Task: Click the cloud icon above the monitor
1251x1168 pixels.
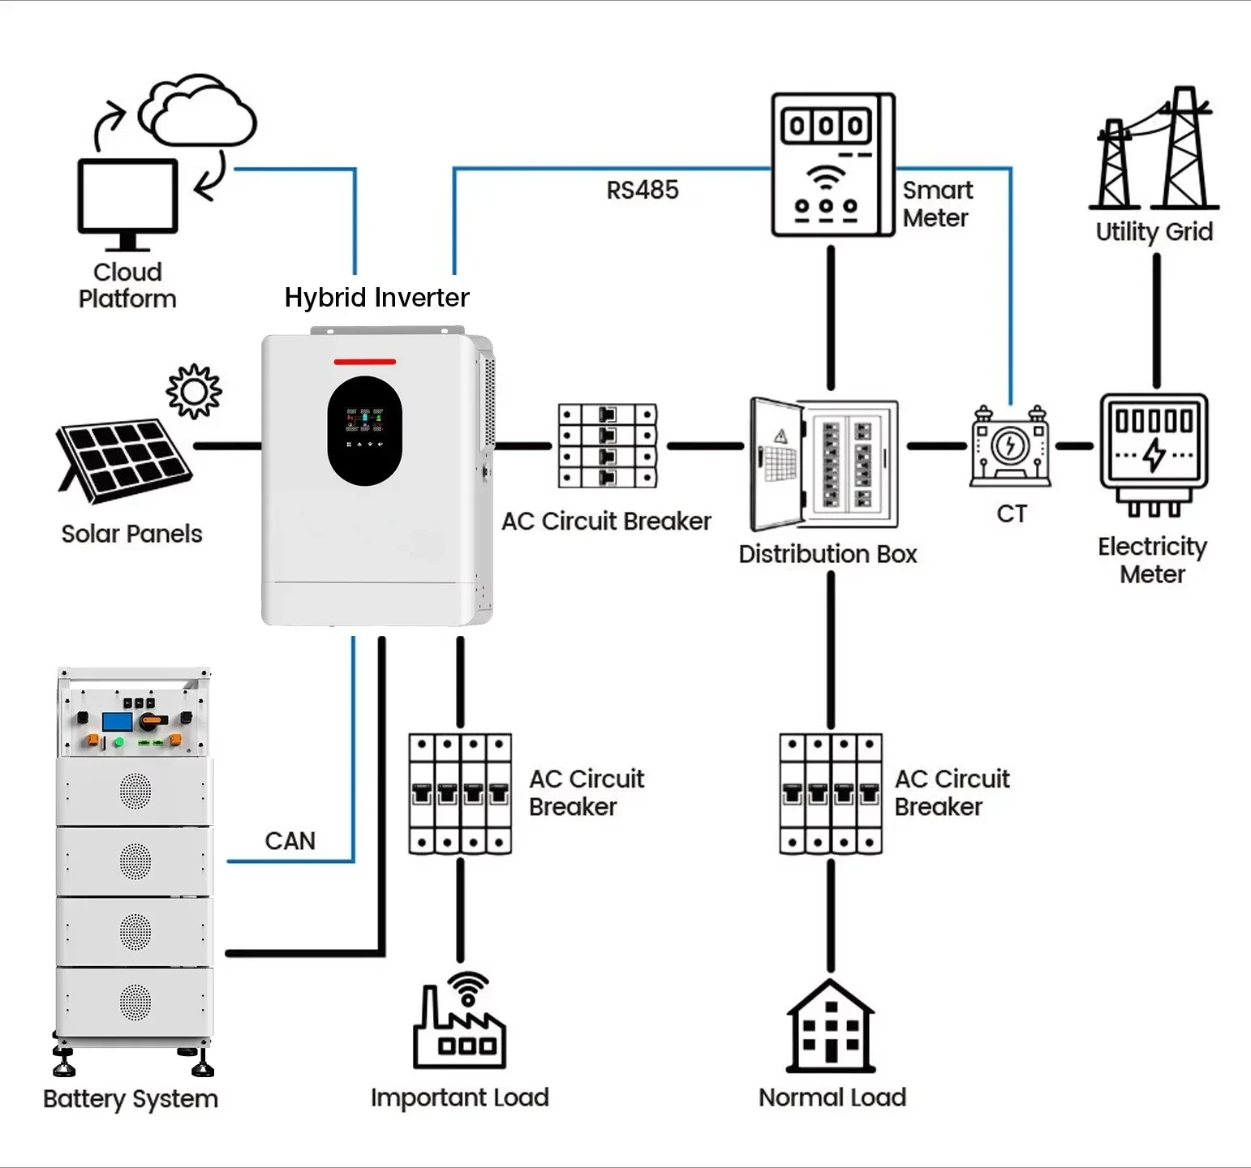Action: [198, 112]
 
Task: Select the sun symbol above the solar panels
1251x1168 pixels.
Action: [194, 392]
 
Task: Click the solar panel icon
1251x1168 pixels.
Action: [123, 459]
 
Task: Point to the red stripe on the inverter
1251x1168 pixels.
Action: [365, 362]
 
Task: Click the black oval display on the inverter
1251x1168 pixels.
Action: [365, 431]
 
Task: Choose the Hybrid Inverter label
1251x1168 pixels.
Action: [376, 298]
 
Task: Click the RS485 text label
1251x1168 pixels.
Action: [643, 190]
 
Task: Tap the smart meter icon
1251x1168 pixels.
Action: [832, 165]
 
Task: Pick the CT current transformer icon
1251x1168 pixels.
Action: [1011, 446]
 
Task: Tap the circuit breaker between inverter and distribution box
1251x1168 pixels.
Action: [608, 446]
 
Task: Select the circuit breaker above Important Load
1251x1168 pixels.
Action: [460, 794]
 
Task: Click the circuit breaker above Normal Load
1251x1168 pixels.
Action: [831, 794]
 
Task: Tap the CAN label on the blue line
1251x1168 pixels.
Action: [290, 840]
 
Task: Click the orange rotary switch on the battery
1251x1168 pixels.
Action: [152, 720]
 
